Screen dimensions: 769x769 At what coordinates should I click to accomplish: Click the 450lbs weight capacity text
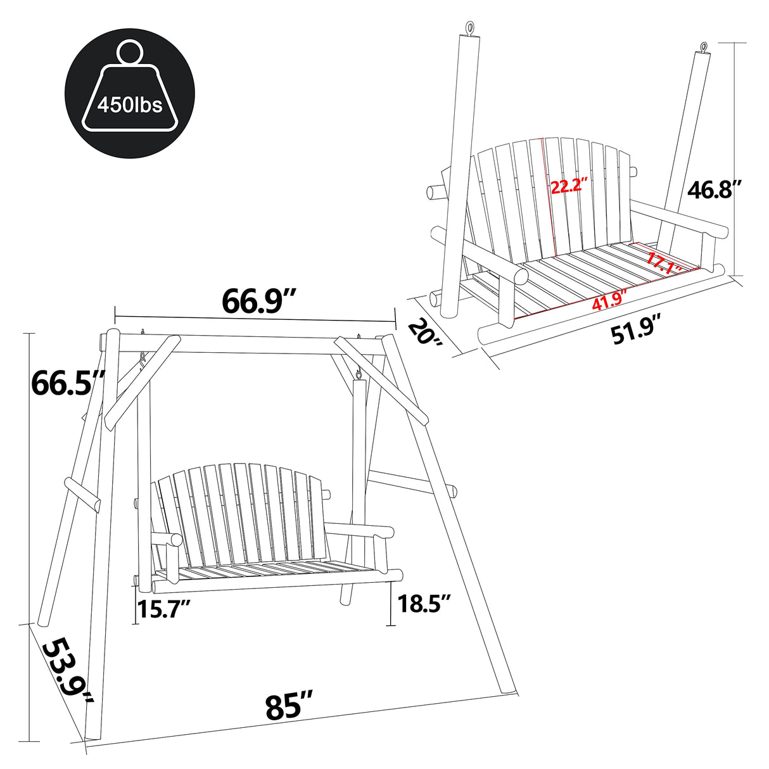pos(130,103)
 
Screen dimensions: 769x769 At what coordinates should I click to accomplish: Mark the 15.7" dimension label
pos(164,611)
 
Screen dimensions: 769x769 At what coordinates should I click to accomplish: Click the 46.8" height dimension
pos(714,189)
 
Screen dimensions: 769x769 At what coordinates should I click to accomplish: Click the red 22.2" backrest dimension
pos(569,187)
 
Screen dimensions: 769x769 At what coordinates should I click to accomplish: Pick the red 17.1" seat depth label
pos(663,263)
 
